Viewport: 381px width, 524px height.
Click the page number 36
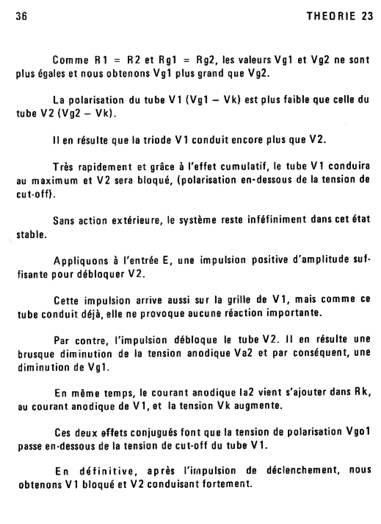click(21, 16)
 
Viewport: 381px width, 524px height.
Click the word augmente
click(258, 406)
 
